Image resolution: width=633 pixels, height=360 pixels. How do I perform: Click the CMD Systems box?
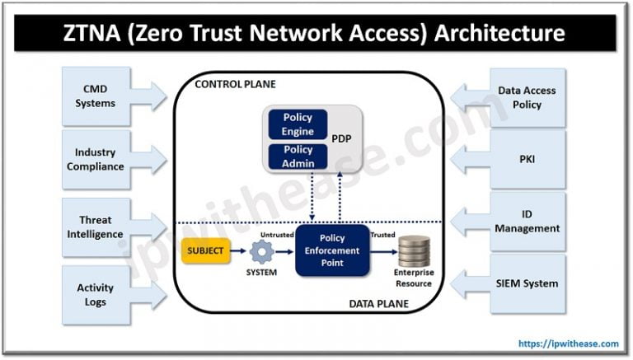95,96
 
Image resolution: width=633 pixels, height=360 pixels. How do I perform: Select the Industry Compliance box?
95,159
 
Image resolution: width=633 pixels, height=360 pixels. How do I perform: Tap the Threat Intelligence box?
95,227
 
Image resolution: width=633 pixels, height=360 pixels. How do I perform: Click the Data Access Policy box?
527,96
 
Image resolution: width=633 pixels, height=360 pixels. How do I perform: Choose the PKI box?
527,159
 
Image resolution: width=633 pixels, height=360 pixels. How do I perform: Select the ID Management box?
527,222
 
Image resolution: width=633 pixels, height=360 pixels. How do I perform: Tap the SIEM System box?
527,283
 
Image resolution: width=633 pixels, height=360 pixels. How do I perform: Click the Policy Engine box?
298,124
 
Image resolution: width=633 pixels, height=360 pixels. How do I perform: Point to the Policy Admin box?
298,156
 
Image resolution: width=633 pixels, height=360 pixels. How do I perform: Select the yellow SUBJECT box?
205,250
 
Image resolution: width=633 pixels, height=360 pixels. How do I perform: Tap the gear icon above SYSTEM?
263,250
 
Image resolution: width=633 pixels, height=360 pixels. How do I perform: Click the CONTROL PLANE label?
235,84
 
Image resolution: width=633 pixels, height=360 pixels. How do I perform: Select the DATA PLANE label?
377,303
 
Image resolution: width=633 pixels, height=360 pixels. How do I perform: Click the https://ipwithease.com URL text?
569,344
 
